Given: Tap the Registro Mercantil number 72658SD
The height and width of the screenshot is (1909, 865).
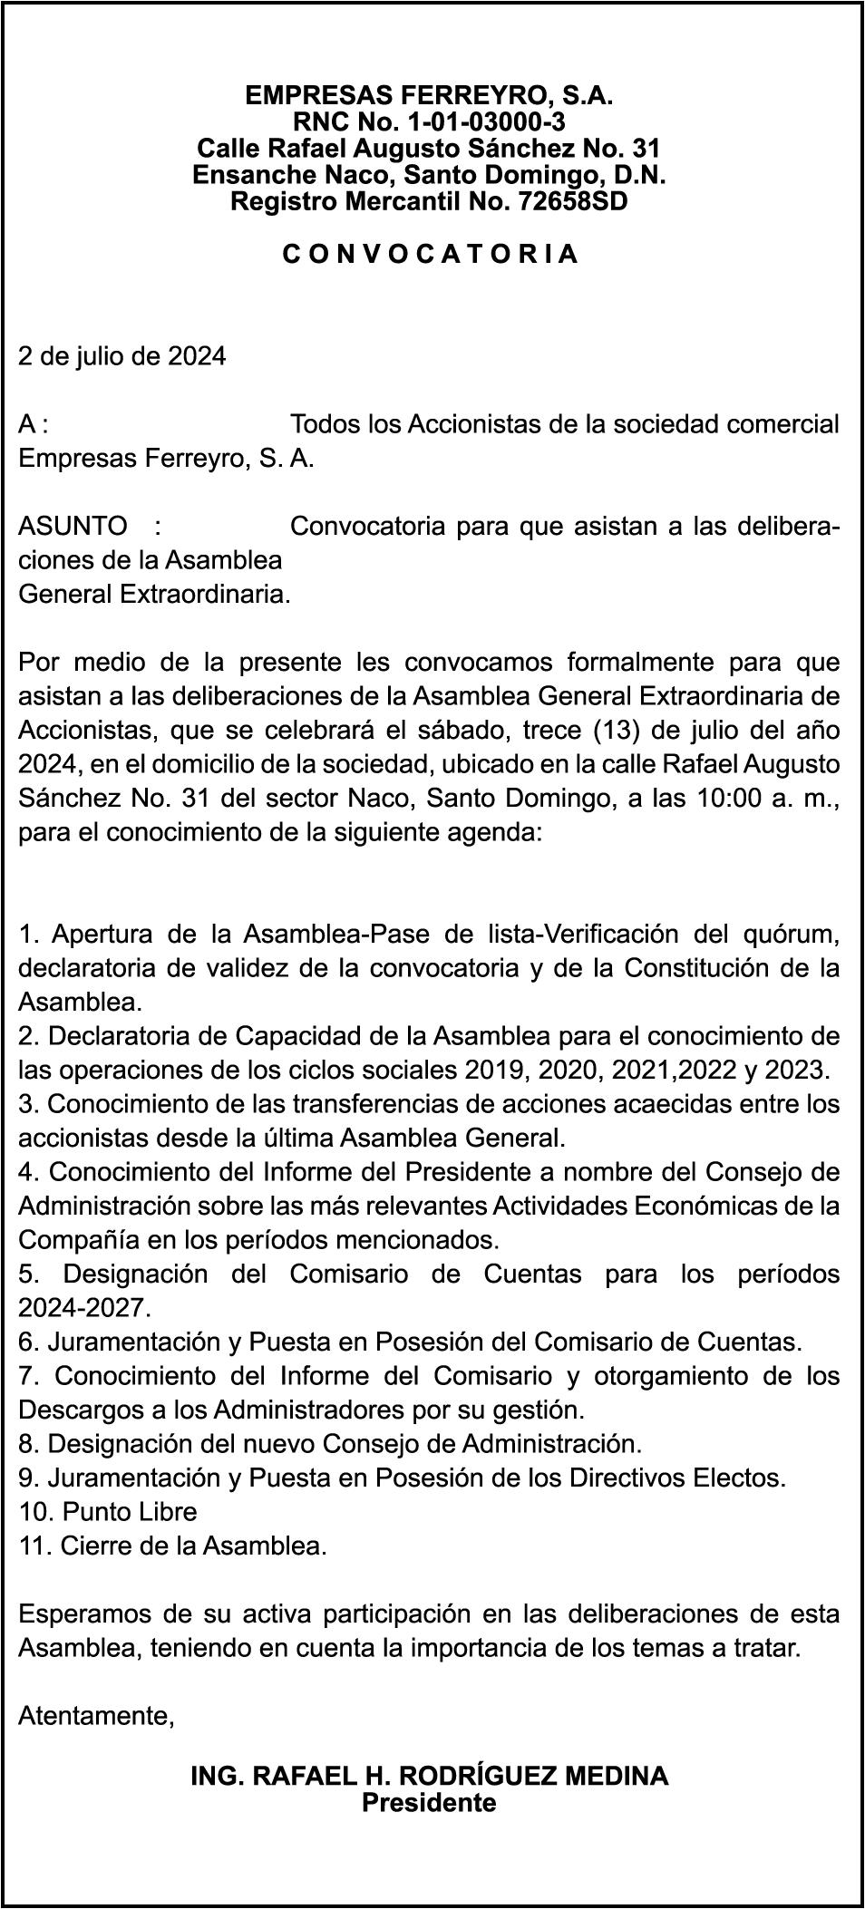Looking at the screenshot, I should [572, 201].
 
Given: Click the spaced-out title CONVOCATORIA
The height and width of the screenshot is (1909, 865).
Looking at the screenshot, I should [430, 254].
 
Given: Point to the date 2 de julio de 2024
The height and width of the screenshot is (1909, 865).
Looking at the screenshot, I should [122, 356].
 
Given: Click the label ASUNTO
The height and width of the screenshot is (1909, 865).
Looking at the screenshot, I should [73, 526].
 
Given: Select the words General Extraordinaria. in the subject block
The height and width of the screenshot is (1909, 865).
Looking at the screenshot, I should [154, 595].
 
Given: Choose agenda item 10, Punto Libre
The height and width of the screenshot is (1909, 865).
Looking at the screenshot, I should [108, 1512].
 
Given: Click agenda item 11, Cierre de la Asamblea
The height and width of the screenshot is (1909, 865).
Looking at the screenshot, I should [172, 1546].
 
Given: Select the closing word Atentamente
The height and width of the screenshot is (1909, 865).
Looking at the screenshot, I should [96, 1716].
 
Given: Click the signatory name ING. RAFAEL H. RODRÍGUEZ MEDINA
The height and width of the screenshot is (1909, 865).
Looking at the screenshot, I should [430, 1776].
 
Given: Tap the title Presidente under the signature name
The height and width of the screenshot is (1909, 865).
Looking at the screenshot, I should [429, 1802].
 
